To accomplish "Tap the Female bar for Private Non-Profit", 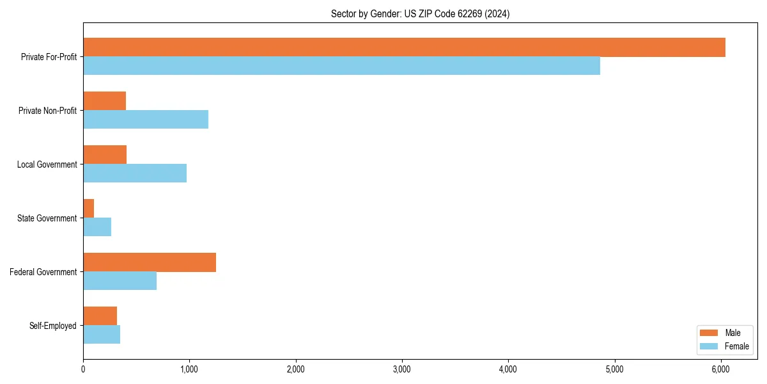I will tap(146, 120).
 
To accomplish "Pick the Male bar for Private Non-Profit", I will tap(104, 101).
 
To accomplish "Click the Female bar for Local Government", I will tap(135, 173).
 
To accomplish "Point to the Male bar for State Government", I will tap(88, 209).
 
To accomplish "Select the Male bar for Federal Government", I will tap(150, 262).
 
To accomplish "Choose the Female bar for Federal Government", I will tap(120, 281).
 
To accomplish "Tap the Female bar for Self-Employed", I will tap(102, 335).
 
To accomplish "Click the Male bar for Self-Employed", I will tap(100, 316).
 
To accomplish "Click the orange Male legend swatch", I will tap(709, 333).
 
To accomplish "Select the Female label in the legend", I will tap(736, 346).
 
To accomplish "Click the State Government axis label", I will tap(47, 218).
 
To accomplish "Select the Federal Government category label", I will tap(43, 272).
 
